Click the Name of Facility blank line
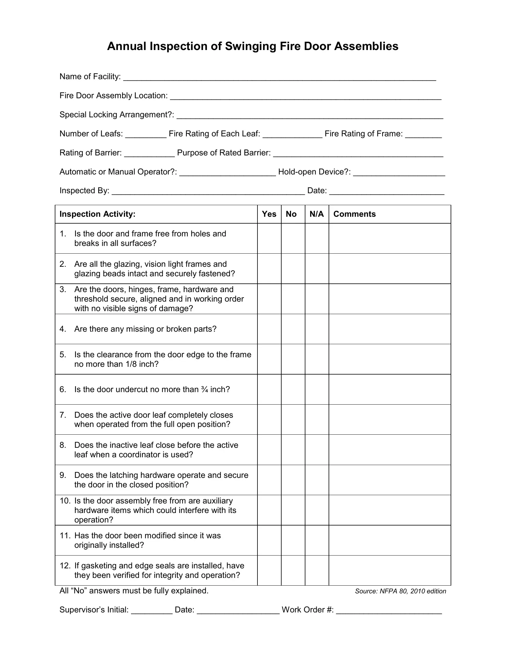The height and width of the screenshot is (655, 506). [279, 77]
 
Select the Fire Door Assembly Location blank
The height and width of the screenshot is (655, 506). [305, 96]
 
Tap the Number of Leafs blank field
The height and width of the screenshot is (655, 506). [146, 134]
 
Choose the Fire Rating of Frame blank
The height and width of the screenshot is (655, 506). [423, 134]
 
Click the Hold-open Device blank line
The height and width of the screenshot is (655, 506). [399, 172]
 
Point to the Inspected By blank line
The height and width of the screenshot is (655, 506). [208, 191]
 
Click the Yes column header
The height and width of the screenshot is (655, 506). [269, 214]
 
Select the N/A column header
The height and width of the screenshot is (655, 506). [317, 214]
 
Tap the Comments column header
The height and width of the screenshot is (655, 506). [354, 214]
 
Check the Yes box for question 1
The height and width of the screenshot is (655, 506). [269, 238]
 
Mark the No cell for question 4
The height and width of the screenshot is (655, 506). [293, 329]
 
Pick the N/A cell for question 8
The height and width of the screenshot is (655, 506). [317, 450]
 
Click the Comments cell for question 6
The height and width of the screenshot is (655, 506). [389, 389]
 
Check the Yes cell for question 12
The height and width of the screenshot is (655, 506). [269, 570]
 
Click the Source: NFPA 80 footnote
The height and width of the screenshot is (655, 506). [400, 591]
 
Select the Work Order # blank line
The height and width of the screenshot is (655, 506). [389, 610]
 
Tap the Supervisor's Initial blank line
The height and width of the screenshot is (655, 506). [152, 610]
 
